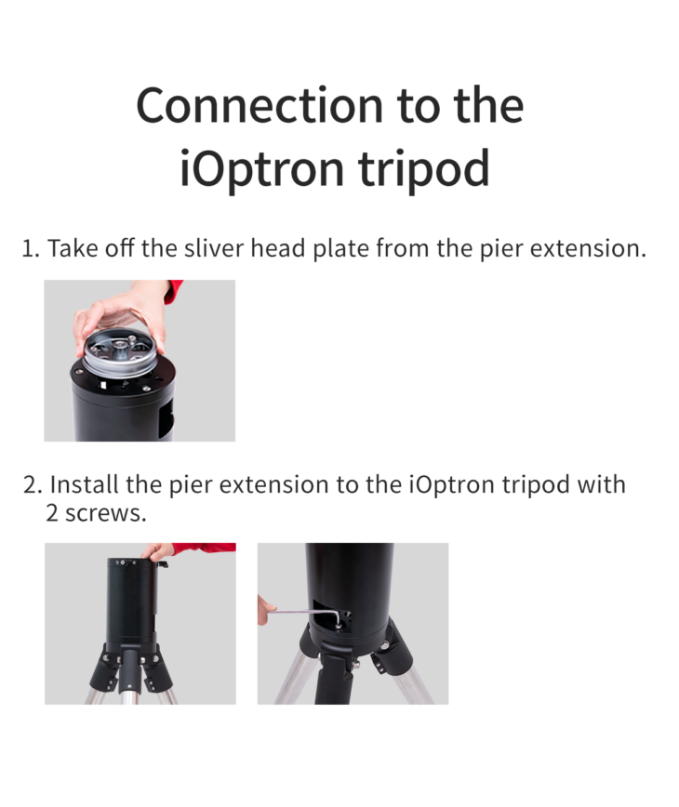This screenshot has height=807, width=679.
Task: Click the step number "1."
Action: pyautogui.click(x=32, y=249)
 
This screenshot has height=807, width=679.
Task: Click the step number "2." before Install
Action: pyautogui.click(x=33, y=485)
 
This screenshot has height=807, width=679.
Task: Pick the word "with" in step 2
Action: pyautogui.click(x=601, y=485)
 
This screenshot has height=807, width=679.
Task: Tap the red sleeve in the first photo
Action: pyautogui.click(x=173, y=289)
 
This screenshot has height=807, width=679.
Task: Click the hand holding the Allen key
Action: pyautogui.click(x=266, y=610)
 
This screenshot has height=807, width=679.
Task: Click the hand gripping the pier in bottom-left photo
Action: pyautogui.click(x=159, y=551)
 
